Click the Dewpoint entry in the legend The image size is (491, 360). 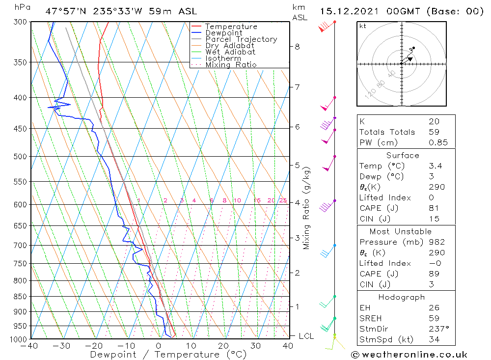[x=223, y=33]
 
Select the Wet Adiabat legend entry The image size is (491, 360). [x=230, y=52]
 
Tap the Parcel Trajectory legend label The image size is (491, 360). [x=241, y=39]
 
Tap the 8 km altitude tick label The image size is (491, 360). [x=297, y=47]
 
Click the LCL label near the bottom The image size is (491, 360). [x=306, y=336]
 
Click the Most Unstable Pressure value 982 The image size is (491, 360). [x=436, y=242]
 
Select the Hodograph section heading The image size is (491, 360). [x=406, y=297]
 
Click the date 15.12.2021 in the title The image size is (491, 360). [x=349, y=11]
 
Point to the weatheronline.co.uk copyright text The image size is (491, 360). [x=409, y=354]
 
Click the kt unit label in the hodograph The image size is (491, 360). [x=362, y=26]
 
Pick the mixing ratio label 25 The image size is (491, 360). [x=283, y=200]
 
